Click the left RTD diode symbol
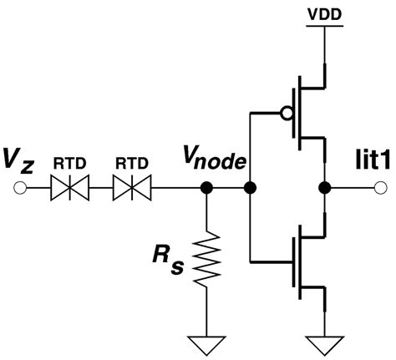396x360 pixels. (70, 190)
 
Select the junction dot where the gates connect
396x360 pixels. (248, 190)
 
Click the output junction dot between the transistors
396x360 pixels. (322, 190)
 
